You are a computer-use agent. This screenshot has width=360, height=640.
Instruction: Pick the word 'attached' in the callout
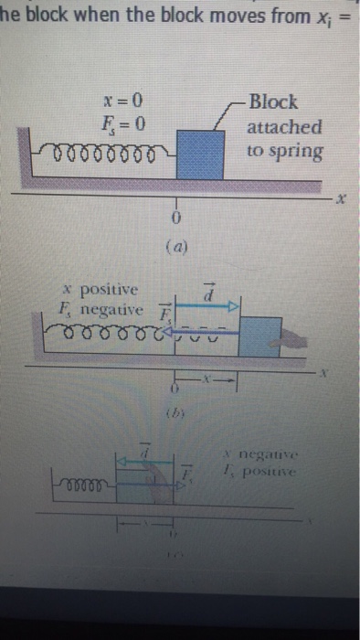[x=283, y=126]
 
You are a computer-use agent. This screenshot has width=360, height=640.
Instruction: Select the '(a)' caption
[x=177, y=246]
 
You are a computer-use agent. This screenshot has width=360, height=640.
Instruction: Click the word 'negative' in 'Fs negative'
[x=114, y=309]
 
